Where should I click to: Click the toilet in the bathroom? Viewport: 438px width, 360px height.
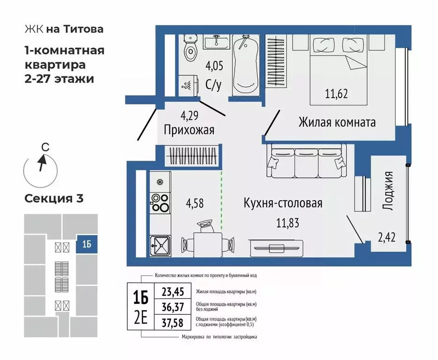190,49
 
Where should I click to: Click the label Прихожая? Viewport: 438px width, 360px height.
189,130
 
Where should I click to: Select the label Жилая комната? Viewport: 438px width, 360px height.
337,123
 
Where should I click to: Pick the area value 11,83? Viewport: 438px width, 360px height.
285,222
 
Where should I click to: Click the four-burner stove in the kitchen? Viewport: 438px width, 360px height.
160,203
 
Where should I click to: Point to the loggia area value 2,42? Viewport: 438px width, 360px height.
387,237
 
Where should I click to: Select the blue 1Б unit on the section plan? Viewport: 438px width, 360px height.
87,245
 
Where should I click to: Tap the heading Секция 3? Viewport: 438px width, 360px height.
54,198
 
